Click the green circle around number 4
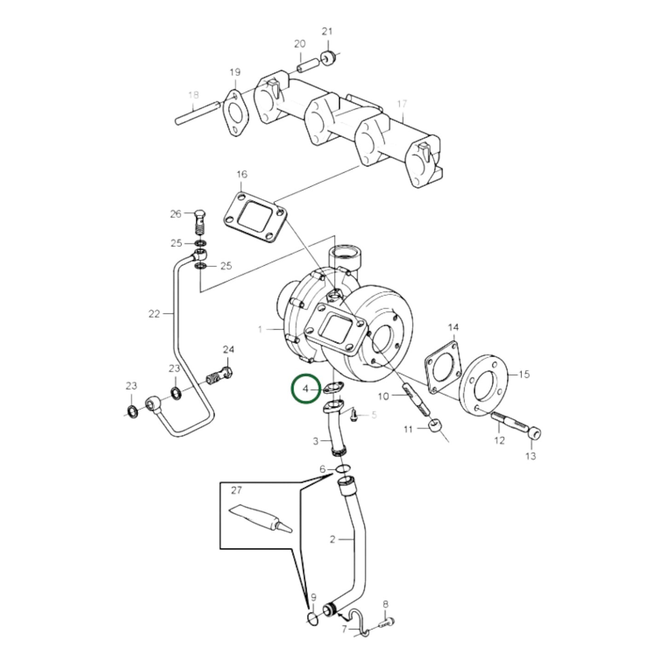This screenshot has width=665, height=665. tap(305, 389)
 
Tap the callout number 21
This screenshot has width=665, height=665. tap(327, 31)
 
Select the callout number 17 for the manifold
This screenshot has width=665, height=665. tap(402, 104)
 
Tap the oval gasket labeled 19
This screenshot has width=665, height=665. tap(236, 113)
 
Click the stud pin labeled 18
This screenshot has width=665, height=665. tap(197, 114)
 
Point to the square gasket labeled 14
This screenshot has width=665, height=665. tap(443, 367)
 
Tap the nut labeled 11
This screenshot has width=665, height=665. tap(435, 426)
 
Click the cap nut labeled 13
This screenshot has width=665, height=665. tap(534, 434)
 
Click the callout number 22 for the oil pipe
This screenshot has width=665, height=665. tap(154, 314)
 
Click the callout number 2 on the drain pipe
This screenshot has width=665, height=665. tap(333, 539)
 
